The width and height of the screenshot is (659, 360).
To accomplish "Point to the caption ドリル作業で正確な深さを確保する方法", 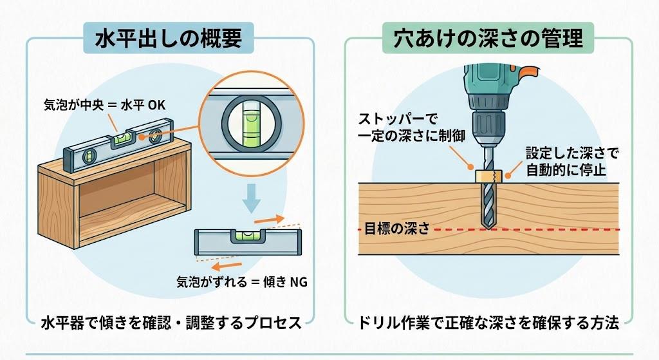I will click(489, 323).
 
